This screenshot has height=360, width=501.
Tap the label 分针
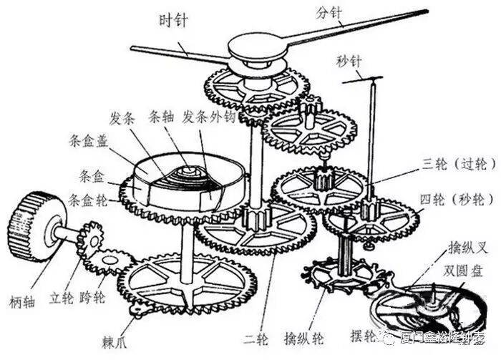click(x=331, y=13)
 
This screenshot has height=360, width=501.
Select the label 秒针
click(x=351, y=60)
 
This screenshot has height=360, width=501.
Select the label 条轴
click(x=160, y=117)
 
